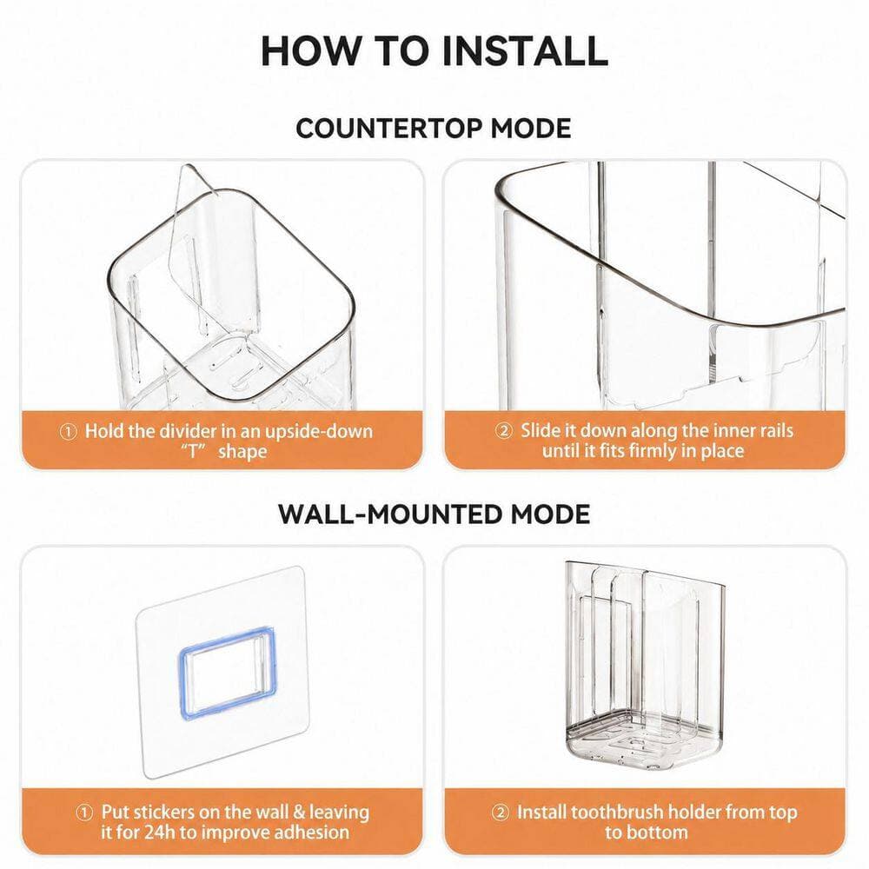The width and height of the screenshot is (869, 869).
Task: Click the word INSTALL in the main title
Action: click(x=525, y=51)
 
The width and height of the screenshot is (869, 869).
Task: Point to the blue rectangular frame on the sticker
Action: click(x=227, y=673)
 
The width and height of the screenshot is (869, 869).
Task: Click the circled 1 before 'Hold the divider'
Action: click(x=68, y=432)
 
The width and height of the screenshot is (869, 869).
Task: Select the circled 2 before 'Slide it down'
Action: click(x=503, y=431)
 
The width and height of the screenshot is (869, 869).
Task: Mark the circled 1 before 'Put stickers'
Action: click(x=83, y=813)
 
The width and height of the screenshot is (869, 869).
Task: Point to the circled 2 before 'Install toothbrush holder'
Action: click(x=500, y=813)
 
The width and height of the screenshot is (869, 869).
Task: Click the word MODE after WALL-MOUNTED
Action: click(x=550, y=514)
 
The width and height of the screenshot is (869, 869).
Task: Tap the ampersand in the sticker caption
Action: click(x=299, y=813)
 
